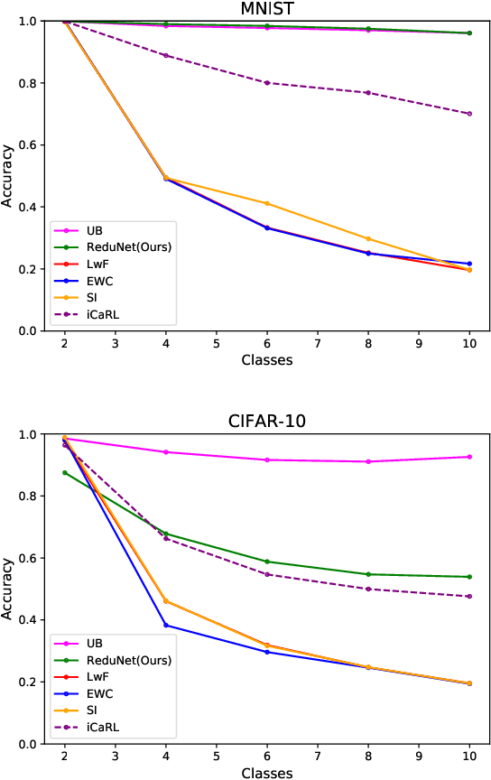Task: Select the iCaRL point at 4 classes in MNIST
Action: (166, 55)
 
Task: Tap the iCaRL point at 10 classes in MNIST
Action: (469, 114)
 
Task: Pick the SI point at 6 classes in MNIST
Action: (267, 203)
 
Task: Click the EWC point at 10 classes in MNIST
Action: (469, 264)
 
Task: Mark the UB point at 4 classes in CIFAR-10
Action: (166, 451)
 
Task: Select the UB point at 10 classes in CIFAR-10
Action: (469, 457)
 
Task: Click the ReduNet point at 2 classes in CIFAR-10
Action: (65, 472)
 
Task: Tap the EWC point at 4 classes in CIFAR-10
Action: (166, 625)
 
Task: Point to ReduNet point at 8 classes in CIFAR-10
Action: (368, 574)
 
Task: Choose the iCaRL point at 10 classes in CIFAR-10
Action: (469, 596)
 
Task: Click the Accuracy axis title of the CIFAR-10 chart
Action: (8, 589)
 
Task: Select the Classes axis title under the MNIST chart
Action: (266, 360)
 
